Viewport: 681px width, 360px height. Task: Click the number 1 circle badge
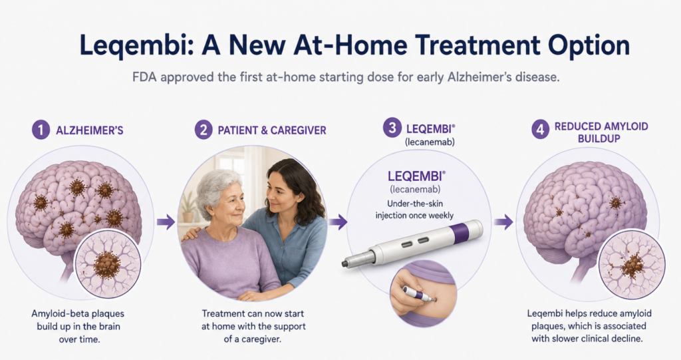pyautogui.click(x=41, y=130)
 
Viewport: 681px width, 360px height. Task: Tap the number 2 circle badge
pyautogui.click(x=204, y=130)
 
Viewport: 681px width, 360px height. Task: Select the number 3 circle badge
pyautogui.click(x=392, y=128)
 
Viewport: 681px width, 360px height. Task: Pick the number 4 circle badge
pyautogui.click(x=540, y=130)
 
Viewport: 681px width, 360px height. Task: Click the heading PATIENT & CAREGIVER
pyautogui.click(x=272, y=130)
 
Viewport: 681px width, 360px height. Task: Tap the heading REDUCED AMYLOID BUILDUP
pyautogui.click(x=601, y=132)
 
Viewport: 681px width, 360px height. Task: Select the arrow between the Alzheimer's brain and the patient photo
pyautogui.click(x=166, y=223)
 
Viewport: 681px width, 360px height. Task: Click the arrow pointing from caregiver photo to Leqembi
pyautogui.click(x=338, y=222)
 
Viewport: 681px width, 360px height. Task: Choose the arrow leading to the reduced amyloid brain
pyautogui.click(x=503, y=222)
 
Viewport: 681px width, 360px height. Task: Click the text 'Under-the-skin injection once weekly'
pyautogui.click(x=414, y=210)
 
